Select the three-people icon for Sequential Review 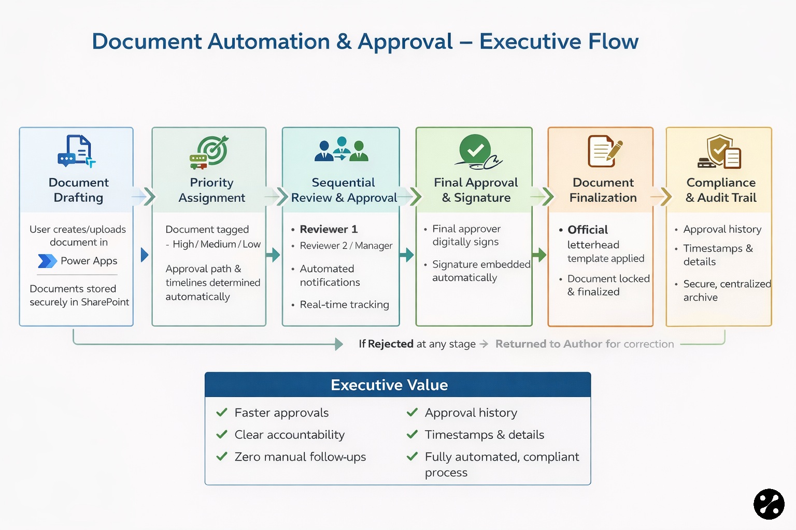(x=342, y=150)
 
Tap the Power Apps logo (x=47, y=261)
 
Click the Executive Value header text (x=389, y=385)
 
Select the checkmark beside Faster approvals (x=222, y=413)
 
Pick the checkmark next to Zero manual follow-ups (x=222, y=457)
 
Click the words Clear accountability (x=289, y=435)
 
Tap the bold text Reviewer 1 (x=329, y=229)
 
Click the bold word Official (x=588, y=230)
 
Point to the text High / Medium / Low (x=217, y=244)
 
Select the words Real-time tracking (x=344, y=305)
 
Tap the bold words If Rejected (x=386, y=344)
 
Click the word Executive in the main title (x=522, y=41)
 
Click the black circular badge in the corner (x=769, y=504)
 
